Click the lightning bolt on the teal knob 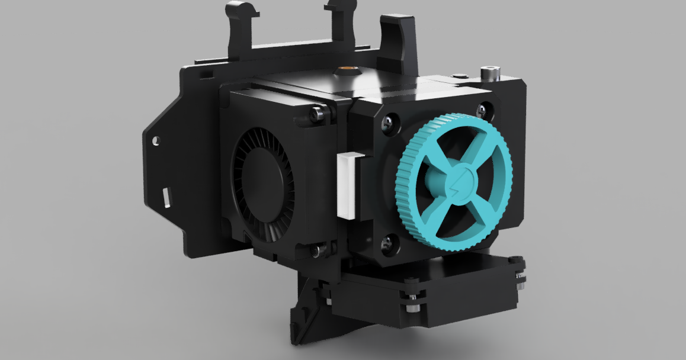(459, 180)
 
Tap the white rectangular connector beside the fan (350, 184)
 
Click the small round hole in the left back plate (156, 142)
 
